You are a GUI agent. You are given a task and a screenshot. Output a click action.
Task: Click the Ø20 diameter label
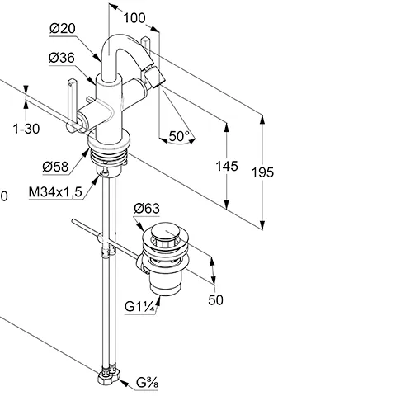63,29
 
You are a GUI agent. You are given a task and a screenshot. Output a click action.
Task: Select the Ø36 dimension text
62,58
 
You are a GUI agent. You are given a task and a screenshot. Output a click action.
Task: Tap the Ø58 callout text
55,167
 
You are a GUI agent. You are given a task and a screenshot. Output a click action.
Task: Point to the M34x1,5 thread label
55,192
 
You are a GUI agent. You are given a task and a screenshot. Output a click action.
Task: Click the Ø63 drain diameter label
147,209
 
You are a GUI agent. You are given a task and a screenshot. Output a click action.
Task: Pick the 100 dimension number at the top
134,18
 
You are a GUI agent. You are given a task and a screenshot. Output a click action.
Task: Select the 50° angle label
179,136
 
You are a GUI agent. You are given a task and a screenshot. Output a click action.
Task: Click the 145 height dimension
227,167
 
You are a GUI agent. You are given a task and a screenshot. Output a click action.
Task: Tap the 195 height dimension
262,172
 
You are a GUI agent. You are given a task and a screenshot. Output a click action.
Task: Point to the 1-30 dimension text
26,129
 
